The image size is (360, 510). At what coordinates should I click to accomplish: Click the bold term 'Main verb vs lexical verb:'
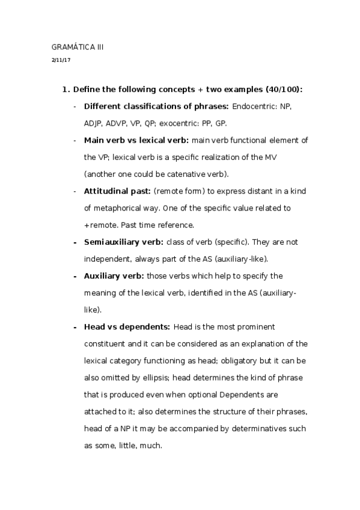(x=136, y=140)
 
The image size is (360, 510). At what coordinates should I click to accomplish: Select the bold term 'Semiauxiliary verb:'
(x=123, y=242)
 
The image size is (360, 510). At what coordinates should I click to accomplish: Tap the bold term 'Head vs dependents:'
(x=126, y=327)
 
